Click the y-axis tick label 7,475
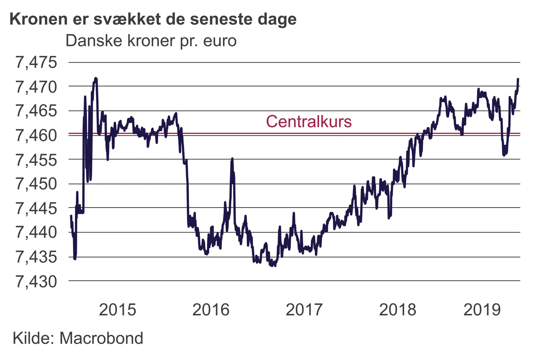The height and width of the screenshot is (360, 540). (36, 62)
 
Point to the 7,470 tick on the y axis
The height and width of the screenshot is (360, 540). (36, 87)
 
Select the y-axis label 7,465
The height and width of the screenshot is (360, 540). (36, 111)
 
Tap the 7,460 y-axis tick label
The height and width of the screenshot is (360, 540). (36, 135)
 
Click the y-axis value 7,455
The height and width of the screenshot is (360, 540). (36, 160)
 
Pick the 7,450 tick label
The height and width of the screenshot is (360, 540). (36, 184)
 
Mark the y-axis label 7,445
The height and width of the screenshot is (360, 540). (36, 208)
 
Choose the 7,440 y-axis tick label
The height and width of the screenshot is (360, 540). (36, 232)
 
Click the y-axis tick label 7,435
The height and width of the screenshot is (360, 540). (36, 257)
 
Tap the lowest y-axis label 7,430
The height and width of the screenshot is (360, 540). (36, 281)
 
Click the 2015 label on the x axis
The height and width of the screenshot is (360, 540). (117, 310)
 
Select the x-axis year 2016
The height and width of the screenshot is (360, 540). (211, 310)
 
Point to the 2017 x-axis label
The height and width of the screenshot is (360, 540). (304, 310)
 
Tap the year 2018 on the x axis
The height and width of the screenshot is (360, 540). (397, 310)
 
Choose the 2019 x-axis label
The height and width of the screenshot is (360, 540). (482, 310)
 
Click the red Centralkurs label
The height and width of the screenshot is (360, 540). (309, 121)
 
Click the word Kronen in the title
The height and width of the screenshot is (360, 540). (39, 19)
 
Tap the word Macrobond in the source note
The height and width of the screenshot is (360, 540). (101, 338)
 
